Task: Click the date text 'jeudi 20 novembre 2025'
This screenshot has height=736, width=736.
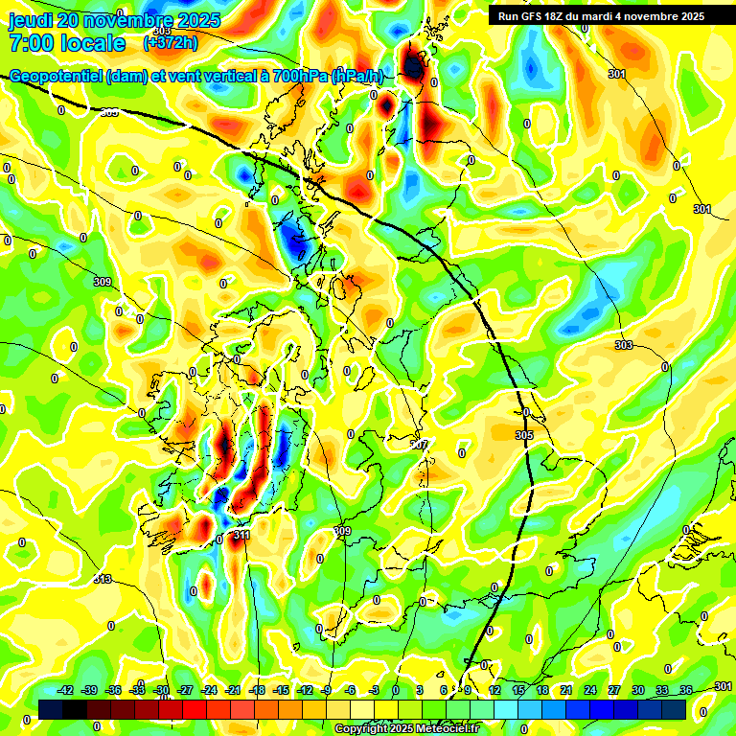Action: [x=115, y=20]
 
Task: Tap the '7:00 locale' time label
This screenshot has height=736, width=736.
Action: [x=67, y=43]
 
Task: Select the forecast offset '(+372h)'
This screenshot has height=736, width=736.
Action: [x=170, y=43]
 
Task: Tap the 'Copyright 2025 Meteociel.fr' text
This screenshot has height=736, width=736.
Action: [x=405, y=728]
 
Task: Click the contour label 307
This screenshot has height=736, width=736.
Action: [x=419, y=445]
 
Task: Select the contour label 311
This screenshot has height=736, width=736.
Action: [x=241, y=535]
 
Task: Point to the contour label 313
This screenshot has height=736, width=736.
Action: [x=103, y=579]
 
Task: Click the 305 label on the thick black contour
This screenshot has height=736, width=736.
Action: [x=523, y=435]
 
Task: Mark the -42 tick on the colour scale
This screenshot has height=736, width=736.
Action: [x=66, y=690]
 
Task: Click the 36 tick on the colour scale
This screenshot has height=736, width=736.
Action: [x=685, y=690]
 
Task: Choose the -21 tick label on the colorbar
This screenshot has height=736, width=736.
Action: [x=233, y=690]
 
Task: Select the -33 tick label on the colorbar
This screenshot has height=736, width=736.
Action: [x=138, y=690]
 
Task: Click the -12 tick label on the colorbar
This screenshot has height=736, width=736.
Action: [x=304, y=690]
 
